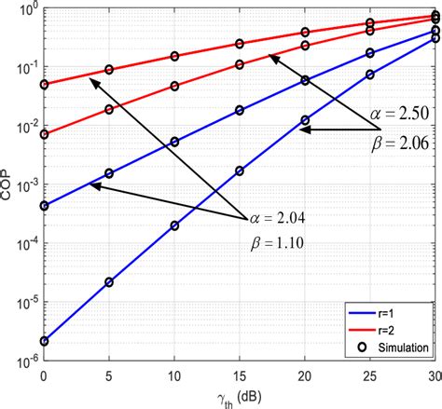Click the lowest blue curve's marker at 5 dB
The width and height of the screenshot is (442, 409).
click(109, 282)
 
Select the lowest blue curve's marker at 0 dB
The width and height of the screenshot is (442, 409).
click(44, 341)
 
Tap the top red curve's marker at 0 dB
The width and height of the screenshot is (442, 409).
click(44, 85)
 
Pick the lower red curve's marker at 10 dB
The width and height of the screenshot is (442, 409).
click(174, 86)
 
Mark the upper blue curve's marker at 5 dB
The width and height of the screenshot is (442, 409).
click(109, 173)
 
